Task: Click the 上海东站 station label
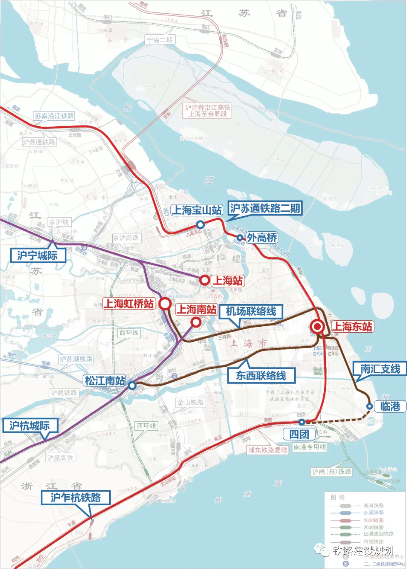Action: click(x=352, y=327)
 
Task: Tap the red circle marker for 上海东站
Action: click(x=318, y=327)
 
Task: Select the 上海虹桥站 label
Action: click(x=129, y=304)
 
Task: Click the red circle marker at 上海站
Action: click(x=204, y=280)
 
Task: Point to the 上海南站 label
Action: click(x=196, y=310)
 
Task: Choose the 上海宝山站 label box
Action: click(x=196, y=210)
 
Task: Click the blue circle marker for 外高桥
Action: click(x=240, y=237)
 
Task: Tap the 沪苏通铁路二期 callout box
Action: click(x=265, y=208)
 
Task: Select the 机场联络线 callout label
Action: click(x=251, y=312)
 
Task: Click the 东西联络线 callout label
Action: click(x=261, y=376)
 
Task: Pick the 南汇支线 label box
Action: click(x=380, y=369)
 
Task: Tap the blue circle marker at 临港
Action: click(x=370, y=406)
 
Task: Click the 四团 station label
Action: click(x=299, y=434)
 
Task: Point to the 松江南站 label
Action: click(x=105, y=381)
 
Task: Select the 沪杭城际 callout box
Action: click(x=29, y=426)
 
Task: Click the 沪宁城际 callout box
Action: click(x=37, y=255)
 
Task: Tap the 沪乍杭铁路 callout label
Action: click(x=76, y=498)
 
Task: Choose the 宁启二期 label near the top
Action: click(x=160, y=40)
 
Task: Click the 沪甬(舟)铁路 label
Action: click(x=332, y=472)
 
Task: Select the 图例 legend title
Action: click(x=338, y=497)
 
